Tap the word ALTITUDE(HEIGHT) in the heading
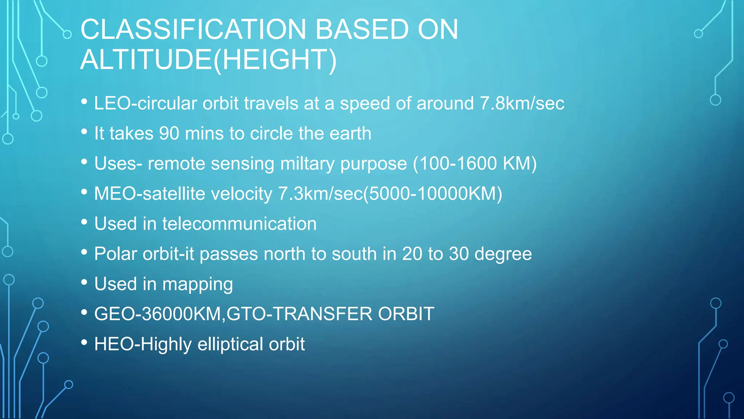click(x=209, y=60)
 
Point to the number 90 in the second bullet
click(x=169, y=133)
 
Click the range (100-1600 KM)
click(x=475, y=164)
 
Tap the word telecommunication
click(x=239, y=224)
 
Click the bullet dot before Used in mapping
click(x=84, y=282)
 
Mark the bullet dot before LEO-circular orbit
click(x=84, y=101)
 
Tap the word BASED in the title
click(x=362, y=29)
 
